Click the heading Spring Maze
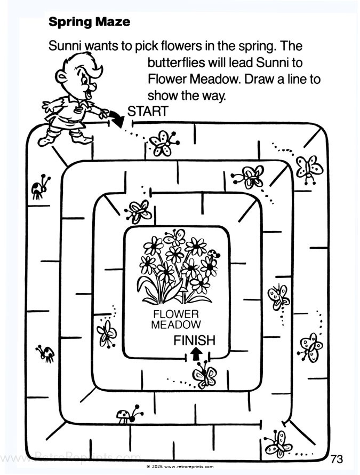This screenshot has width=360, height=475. click(89, 22)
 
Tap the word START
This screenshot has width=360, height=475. click(148, 112)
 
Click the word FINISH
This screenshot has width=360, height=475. click(194, 340)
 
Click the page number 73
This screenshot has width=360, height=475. click(337, 458)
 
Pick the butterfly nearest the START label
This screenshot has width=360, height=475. click(162, 142)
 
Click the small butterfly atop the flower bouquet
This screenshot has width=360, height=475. click(175, 236)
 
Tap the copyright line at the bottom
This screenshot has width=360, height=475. click(180, 466)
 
